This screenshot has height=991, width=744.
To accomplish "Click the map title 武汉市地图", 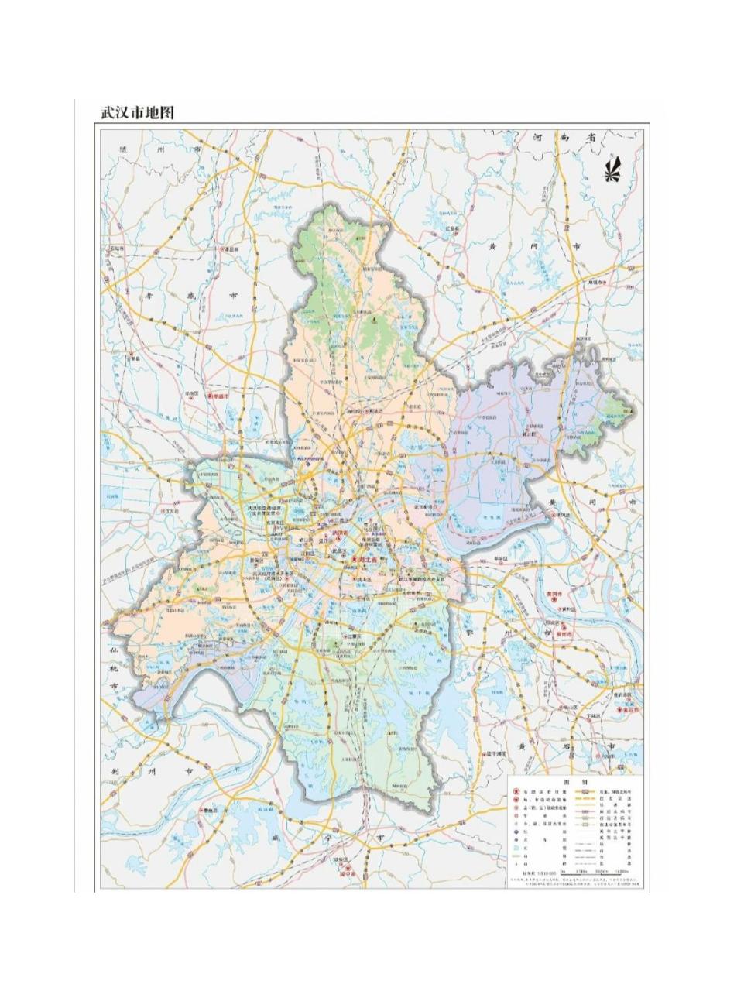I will click(135, 112).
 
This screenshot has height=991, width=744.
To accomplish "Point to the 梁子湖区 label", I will click(496, 753).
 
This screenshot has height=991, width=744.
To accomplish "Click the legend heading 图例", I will click(575, 783).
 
